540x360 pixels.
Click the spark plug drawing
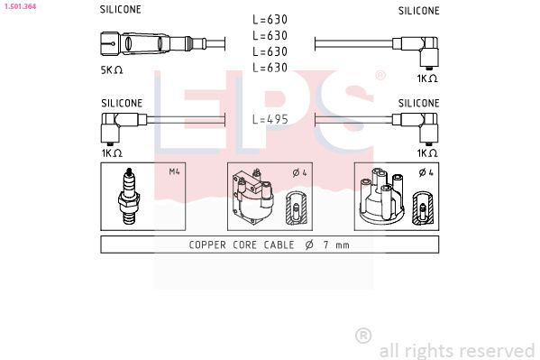(132, 197)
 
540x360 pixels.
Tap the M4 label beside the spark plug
(174, 172)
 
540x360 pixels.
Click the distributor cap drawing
(380, 197)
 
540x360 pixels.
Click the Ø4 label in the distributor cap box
(427, 172)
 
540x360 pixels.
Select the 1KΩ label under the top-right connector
(426, 78)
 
